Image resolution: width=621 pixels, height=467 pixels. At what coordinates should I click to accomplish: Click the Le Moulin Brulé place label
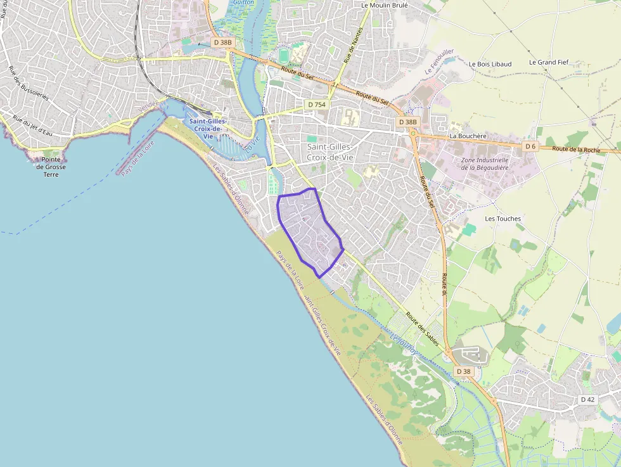384,5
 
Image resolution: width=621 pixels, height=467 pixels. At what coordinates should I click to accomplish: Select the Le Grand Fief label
550,63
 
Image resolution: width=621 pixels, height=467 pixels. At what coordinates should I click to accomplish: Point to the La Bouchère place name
467,136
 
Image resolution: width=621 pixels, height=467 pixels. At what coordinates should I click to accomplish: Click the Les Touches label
503,219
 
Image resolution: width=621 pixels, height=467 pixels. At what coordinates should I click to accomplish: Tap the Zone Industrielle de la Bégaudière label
485,163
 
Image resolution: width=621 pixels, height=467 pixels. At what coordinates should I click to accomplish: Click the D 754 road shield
316,104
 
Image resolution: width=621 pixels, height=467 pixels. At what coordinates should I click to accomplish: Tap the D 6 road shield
531,146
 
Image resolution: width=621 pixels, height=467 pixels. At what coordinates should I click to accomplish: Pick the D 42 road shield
587,399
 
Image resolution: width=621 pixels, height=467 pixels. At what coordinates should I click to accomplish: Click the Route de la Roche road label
575,150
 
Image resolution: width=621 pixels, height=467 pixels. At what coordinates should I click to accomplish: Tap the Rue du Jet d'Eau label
32,124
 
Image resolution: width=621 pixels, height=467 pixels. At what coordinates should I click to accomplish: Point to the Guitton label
243,3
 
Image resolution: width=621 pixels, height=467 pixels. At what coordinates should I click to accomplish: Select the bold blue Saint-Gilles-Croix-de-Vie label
205,129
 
